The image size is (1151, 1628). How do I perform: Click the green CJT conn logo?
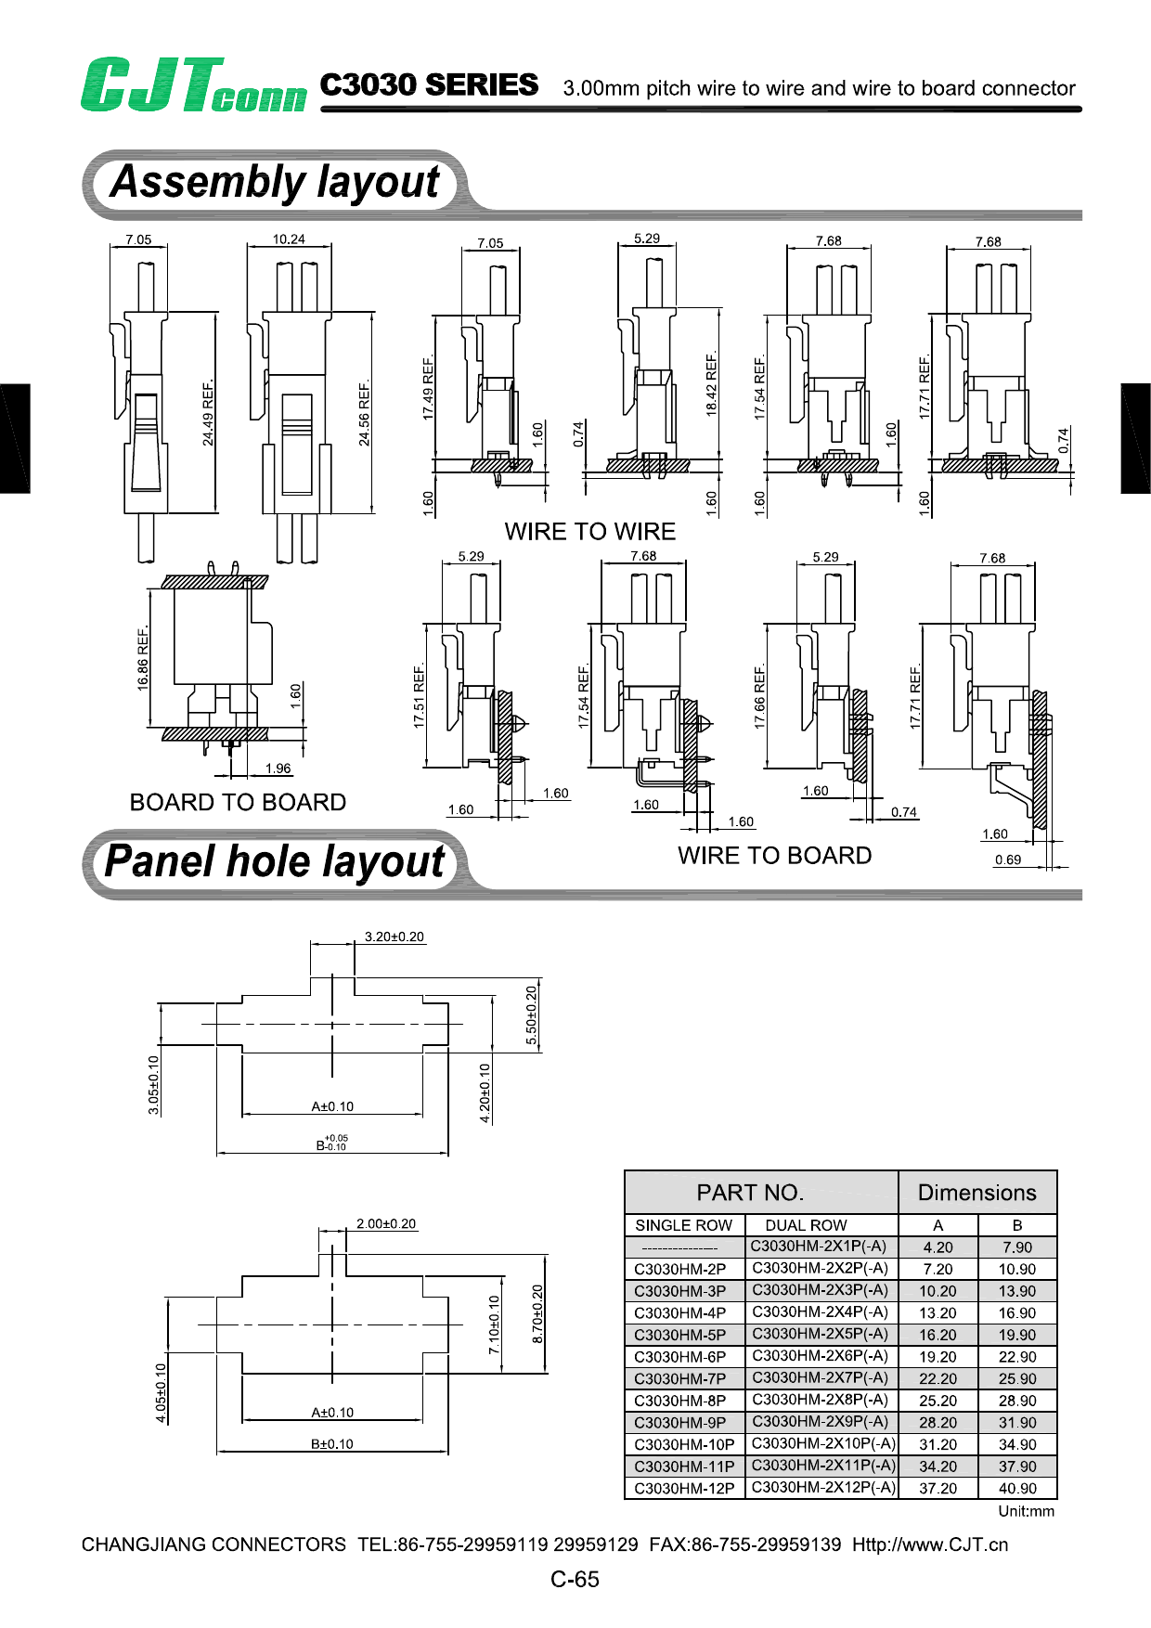point(192,85)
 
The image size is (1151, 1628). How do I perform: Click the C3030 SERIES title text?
point(429,85)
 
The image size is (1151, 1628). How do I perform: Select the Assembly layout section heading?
point(275,182)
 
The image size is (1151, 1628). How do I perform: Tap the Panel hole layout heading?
point(275,861)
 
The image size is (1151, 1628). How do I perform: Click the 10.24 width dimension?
point(289,239)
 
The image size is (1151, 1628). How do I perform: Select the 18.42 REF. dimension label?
point(712,384)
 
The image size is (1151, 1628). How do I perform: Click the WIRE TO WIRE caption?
point(590,532)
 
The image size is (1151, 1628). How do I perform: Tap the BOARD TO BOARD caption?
point(238,802)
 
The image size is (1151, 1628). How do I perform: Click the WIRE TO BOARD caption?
point(774,856)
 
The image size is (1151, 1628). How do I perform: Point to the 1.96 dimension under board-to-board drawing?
point(278,769)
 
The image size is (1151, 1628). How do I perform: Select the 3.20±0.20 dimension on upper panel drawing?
point(394,937)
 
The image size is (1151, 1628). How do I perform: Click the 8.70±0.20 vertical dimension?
point(537,1313)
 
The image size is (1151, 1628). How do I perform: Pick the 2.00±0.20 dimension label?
point(386,1224)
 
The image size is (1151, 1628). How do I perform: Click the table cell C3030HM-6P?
point(679,1357)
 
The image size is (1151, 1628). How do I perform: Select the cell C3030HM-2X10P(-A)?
point(823,1443)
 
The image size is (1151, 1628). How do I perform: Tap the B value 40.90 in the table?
point(1017,1489)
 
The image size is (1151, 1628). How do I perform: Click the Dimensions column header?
point(976,1193)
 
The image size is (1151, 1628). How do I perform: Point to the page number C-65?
point(575,1580)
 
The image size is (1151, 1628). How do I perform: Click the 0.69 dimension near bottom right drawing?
point(1008,859)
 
